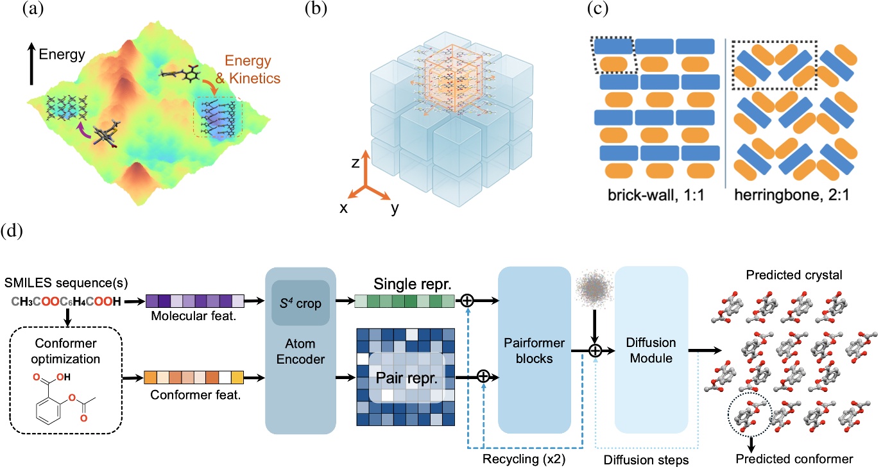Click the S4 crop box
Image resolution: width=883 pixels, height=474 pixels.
click(x=301, y=301)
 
